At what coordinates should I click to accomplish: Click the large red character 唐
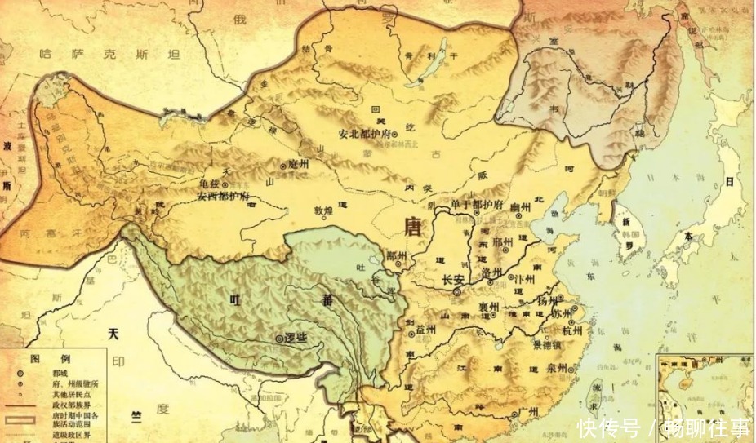(413, 226)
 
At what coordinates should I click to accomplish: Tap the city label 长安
(454, 280)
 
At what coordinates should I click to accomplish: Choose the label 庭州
(299, 164)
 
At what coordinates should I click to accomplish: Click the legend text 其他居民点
(70, 393)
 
